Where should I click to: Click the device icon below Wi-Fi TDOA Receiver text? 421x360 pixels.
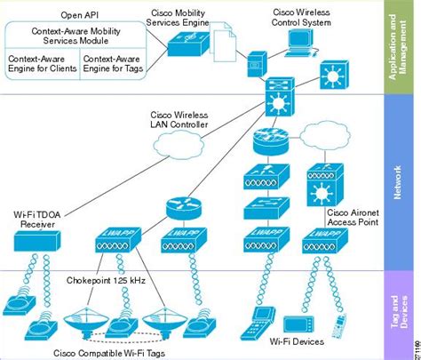click(x=38, y=241)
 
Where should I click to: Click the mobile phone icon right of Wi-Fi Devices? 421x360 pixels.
click(x=339, y=325)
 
